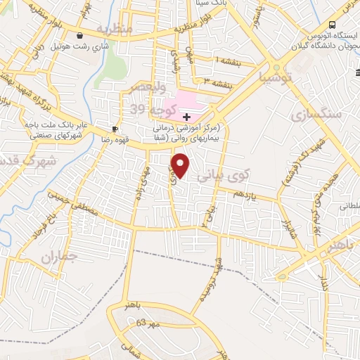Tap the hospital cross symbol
(186, 116)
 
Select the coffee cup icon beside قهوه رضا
(115, 129)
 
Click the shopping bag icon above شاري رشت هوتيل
(81, 36)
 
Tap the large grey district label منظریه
(114, 30)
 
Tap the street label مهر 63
(150, 323)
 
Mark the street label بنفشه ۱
(210, 61)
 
